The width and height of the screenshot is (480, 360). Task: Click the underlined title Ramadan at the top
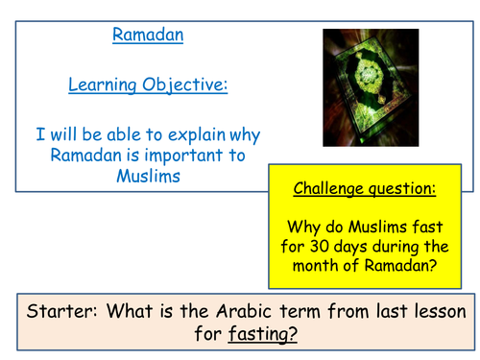click(148, 36)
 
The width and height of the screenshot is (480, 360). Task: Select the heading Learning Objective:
click(147, 85)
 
